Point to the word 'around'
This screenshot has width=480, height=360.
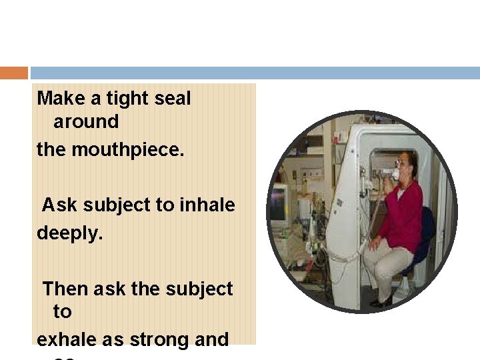[86, 122]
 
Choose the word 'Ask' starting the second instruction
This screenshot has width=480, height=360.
[57, 205]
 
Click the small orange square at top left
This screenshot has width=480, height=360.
[13, 73]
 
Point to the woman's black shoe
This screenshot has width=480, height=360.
[381, 301]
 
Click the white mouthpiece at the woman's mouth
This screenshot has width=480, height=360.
[394, 175]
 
